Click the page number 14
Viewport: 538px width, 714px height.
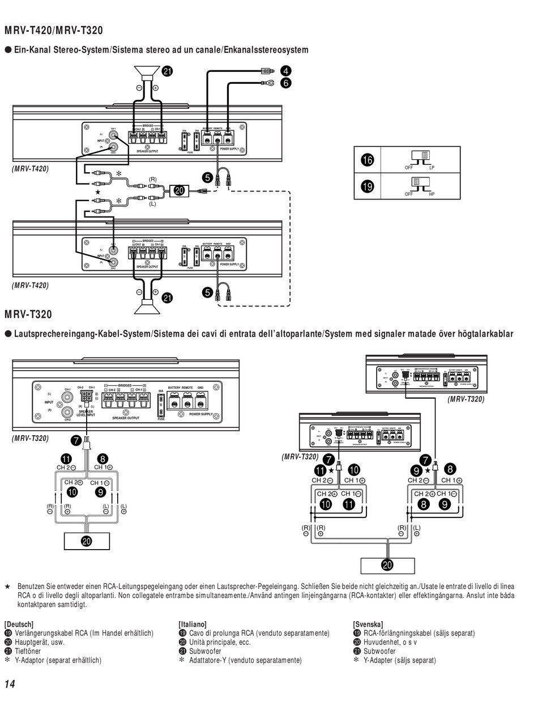[9, 684]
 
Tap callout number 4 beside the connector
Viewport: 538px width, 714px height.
[285, 71]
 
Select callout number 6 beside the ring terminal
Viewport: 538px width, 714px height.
[285, 83]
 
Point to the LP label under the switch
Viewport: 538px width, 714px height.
[432, 168]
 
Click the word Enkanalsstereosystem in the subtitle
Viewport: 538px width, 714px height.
[266, 50]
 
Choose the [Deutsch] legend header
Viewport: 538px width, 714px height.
[19, 624]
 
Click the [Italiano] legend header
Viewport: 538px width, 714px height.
[193, 624]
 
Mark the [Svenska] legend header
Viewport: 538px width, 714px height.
[368, 624]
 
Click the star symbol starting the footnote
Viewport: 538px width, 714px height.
[7, 586]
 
